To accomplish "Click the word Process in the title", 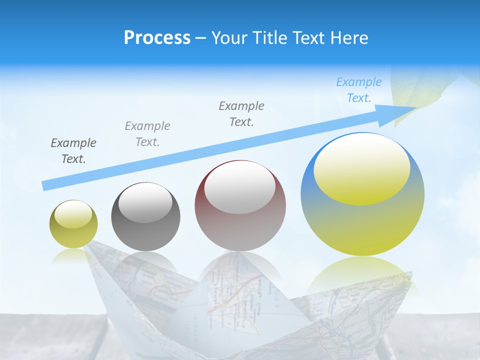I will tap(157, 38).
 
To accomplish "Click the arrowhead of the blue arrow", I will tap(400, 111).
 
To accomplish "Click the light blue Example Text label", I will tap(359, 90).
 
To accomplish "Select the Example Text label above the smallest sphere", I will tap(73, 151).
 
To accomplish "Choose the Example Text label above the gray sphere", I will tap(147, 134).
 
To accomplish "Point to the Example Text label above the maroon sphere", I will tap(241, 113).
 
